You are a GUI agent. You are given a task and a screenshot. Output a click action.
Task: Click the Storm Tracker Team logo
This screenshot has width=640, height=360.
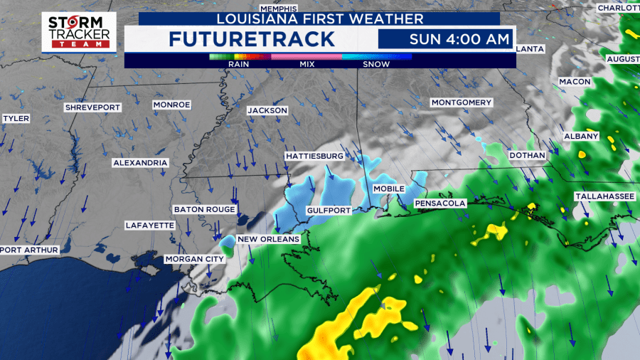(78, 31)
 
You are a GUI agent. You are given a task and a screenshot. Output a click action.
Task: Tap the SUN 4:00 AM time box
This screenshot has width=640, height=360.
(444, 38)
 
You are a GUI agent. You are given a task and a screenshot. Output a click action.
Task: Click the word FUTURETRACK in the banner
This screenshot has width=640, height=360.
(252, 39)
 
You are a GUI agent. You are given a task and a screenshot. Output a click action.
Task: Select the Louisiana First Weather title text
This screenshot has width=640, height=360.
(320, 18)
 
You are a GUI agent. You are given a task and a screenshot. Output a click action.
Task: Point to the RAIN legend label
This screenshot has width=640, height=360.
(238, 64)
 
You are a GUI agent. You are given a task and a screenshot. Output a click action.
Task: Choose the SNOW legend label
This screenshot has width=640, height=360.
(377, 64)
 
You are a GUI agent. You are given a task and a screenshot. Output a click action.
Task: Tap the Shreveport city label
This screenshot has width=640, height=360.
(93, 107)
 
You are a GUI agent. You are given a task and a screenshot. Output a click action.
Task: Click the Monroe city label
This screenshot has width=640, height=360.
(171, 105)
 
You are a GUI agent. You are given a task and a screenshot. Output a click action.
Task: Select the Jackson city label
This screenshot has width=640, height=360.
(267, 110)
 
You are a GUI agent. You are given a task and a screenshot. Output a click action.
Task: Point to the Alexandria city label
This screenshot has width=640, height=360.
(140, 163)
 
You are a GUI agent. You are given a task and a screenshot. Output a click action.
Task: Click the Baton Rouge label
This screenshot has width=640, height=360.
(204, 210)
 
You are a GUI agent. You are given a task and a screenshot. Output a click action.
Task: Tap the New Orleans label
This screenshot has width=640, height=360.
(269, 239)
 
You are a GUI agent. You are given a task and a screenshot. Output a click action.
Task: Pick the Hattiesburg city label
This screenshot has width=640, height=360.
(314, 156)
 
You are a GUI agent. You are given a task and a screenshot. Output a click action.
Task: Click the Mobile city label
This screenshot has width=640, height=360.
(389, 189)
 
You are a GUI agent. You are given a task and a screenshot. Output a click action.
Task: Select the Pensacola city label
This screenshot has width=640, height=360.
(440, 203)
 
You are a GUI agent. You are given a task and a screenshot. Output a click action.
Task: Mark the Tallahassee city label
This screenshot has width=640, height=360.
(604, 196)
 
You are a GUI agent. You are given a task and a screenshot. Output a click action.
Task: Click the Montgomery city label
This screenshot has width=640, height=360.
(462, 102)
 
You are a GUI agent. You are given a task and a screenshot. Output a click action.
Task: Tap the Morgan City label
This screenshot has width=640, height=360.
(194, 260)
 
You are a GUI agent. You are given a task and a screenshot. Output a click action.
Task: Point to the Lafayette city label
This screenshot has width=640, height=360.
(149, 226)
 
